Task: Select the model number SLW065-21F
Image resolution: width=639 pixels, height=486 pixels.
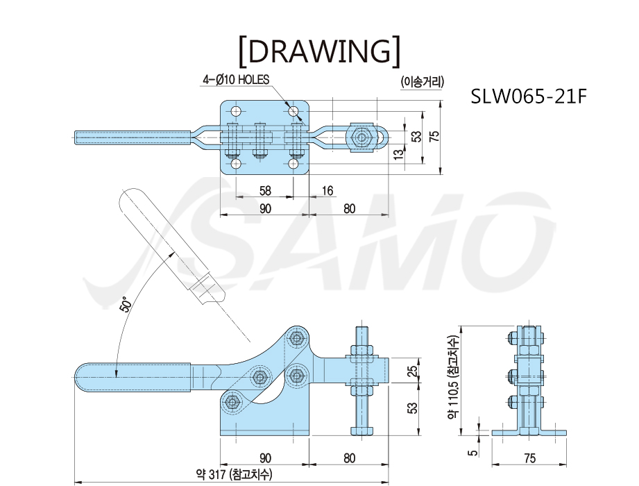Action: (529, 97)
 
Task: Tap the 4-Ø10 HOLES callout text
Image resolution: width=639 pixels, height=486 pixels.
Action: (237, 79)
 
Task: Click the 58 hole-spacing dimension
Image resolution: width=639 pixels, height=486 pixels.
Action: (265, 190)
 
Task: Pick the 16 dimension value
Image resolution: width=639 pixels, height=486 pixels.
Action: (327, 190)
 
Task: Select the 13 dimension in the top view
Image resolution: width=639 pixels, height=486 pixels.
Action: (400, 153)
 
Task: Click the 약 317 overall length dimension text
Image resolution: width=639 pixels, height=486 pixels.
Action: (234, 474)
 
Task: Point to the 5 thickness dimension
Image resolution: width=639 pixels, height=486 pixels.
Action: (472, 453)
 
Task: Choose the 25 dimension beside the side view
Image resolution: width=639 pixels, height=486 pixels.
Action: (413, 371)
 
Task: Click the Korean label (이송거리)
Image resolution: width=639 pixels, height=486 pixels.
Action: (422, 82)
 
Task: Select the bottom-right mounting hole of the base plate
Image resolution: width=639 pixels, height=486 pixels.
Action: (293, 164)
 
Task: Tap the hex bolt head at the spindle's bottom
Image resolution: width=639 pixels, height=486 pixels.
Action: (362, 431)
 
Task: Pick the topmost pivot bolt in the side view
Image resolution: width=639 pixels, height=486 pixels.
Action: (297, 337)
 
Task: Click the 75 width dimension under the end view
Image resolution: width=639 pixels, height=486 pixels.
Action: (529, 458)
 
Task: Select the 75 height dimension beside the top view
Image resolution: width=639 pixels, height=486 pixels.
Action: (434, 136)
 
